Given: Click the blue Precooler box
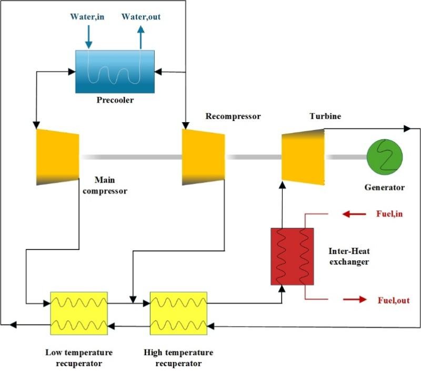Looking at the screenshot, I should (x=115, y=71).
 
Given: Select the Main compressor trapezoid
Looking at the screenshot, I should (x=57, y=157).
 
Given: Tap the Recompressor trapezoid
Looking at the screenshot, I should (x=203, y=157).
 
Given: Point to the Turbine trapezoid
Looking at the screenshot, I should (x=302, y=157).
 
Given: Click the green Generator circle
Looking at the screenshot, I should (x=385, y=157).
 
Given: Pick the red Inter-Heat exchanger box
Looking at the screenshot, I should (x=292, y=256).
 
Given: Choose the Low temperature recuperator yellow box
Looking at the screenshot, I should (x=79, y=312).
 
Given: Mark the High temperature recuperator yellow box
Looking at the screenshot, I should (x=179, y=312).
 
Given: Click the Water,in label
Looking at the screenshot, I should (x=87, y=17).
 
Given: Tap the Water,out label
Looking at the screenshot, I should (x=141, y=17).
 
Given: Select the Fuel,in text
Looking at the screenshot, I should (x=390, y=214).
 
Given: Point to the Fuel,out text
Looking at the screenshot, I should (x=393, y=300).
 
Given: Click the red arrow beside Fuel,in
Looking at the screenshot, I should (x=354, y=214).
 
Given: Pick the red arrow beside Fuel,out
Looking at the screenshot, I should (x=355, y=299).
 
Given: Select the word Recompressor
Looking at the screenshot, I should (x=233, y=116).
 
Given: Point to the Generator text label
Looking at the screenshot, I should (x=385, y=187).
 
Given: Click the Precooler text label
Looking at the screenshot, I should (x=115, y=100).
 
